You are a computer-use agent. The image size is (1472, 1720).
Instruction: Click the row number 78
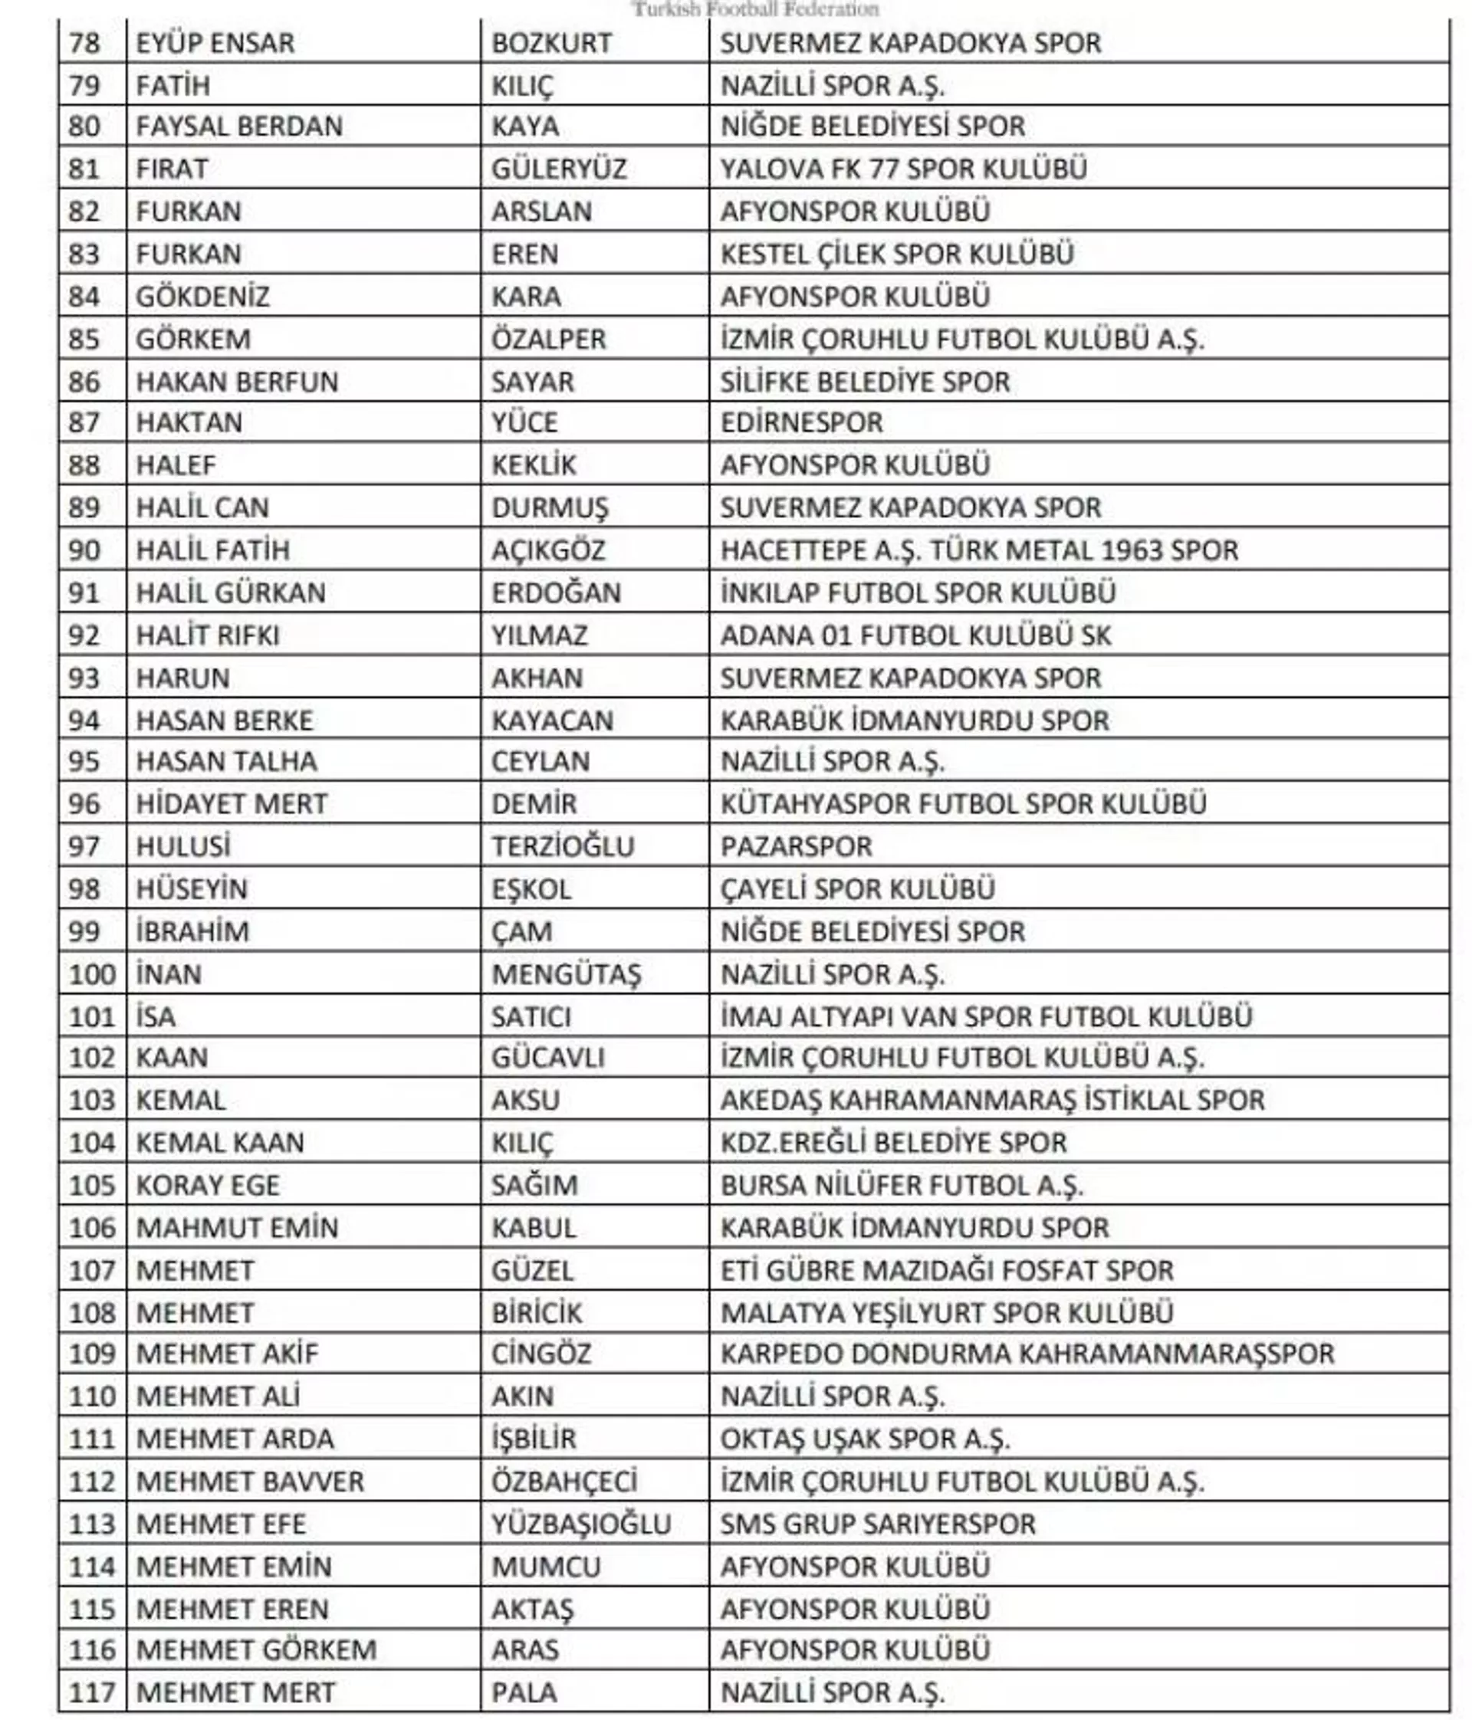(x=84, y=42)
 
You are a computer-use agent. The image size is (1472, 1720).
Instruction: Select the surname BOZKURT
(x=550, y=42)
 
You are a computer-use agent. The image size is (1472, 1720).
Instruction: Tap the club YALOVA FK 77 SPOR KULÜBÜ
(x=902, y=169)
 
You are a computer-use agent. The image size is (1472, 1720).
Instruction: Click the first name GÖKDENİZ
(x=202, y=297)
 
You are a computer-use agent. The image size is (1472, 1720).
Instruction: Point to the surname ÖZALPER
(x=548, y=339)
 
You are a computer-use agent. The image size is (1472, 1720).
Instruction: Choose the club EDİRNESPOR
(x=800, y=422)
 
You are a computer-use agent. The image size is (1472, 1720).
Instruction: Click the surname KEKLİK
(x=533, y=464)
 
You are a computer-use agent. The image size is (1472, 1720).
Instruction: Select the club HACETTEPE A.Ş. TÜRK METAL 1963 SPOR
(x=978, y=550)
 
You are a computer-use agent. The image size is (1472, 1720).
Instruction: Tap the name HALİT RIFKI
(x=207, y=635)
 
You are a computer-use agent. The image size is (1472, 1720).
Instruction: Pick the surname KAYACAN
(x=551, y=720)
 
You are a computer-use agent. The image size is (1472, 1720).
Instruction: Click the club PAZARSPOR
(x=795, y=846)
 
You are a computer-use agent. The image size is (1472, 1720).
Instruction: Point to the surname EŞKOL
(x=531, y=888)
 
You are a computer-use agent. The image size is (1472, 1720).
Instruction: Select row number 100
(x=92, y=973)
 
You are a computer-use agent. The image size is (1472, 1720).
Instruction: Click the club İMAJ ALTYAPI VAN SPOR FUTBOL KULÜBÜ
(x=985, y=1016)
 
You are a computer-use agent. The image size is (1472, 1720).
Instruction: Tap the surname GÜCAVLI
(x=547, y=1057)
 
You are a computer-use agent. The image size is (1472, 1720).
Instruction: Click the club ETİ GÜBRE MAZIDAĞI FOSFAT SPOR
(x=947, y=1270)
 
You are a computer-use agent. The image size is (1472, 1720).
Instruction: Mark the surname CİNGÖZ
(x=540, y=1354)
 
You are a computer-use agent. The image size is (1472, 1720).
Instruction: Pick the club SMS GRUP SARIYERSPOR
(x=877, y=1523)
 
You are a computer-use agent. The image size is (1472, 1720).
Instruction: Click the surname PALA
(x=523, y=1692)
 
